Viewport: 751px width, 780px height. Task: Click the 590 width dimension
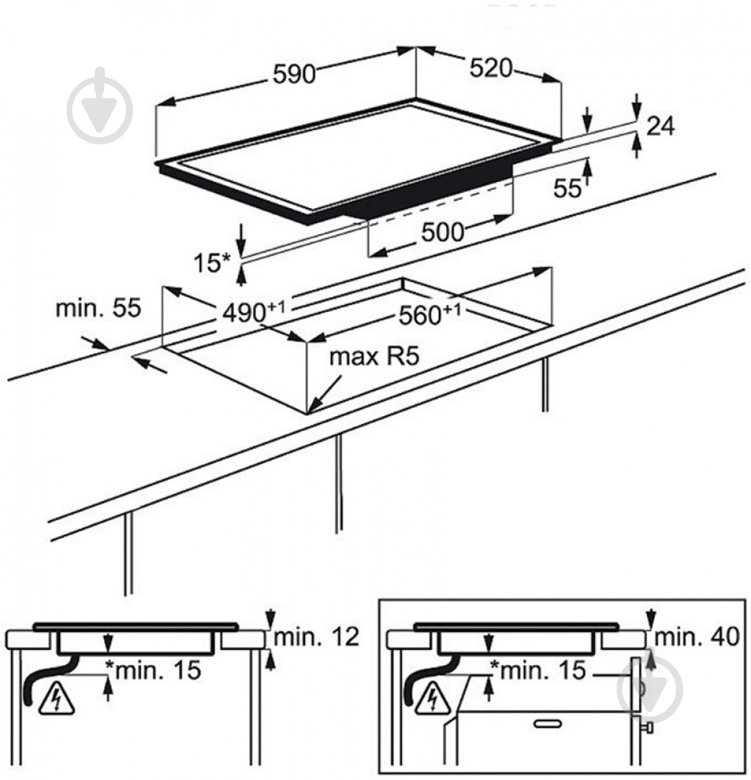294,74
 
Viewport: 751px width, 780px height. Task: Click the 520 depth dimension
491,68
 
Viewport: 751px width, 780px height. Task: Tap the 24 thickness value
660,126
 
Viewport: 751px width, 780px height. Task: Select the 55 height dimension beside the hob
567,188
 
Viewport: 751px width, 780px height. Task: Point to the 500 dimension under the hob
442,232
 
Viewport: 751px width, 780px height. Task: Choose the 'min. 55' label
98,309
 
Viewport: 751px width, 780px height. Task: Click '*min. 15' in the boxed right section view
538,670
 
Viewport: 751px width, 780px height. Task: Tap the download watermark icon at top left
100,109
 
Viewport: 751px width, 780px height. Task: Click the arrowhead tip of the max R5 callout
309,412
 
